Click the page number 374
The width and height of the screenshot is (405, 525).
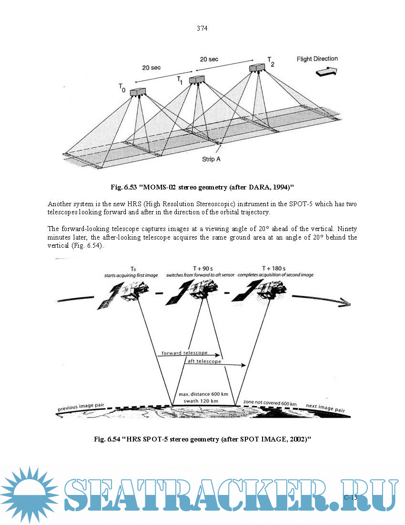point(202,28)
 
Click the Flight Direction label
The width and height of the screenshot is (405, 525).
point(317,59)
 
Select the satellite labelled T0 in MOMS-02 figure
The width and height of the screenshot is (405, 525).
point(137,92)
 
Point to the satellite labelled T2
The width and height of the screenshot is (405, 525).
point(258,68)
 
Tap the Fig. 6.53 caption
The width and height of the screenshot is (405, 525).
point(202,186)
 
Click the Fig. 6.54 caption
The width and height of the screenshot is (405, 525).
point(202,439)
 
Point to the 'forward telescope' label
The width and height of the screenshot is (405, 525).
point(184,353)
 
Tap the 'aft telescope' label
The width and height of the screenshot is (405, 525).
point(204,362)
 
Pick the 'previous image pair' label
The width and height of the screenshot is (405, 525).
point(81,407)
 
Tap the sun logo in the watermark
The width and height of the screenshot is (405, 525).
point(29,494)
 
